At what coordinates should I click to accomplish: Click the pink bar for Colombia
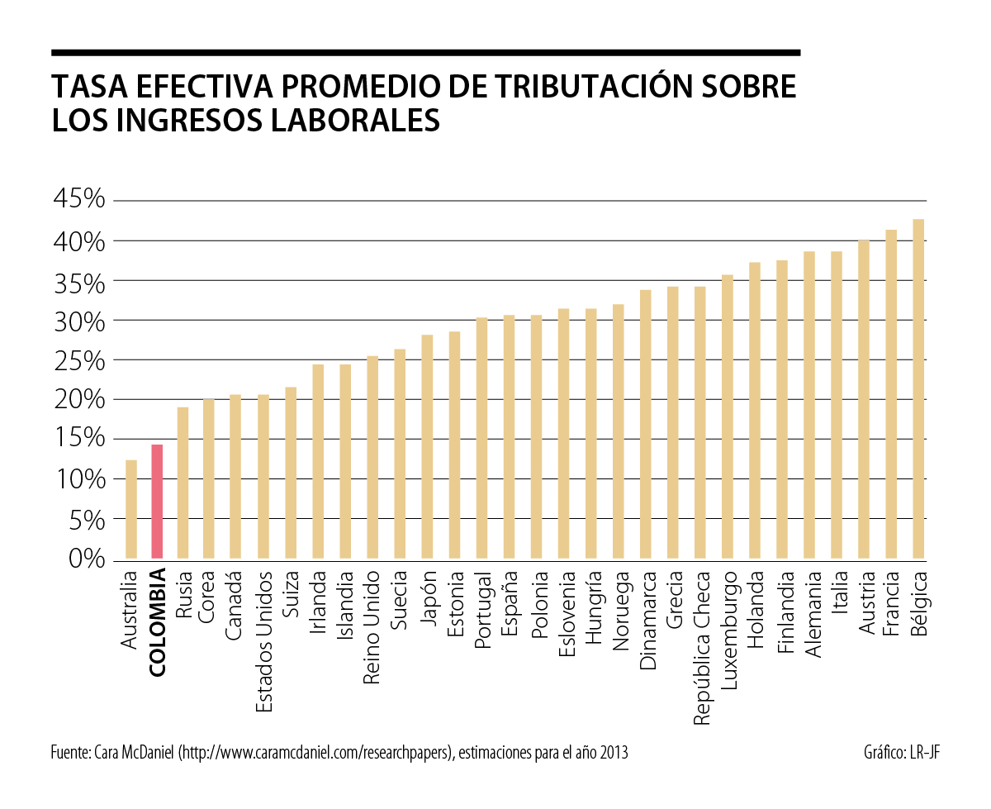coord(157,502)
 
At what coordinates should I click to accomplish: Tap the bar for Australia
coord(130,509)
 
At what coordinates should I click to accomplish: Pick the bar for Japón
coord(427,446)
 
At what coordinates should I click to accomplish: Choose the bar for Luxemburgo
coord(728,416)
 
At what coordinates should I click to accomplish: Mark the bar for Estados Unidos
coord(263,477)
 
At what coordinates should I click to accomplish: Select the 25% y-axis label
coord(79,360)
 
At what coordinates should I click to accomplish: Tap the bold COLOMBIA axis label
coord(158,622)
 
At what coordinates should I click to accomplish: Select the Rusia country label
coord(184,597)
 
